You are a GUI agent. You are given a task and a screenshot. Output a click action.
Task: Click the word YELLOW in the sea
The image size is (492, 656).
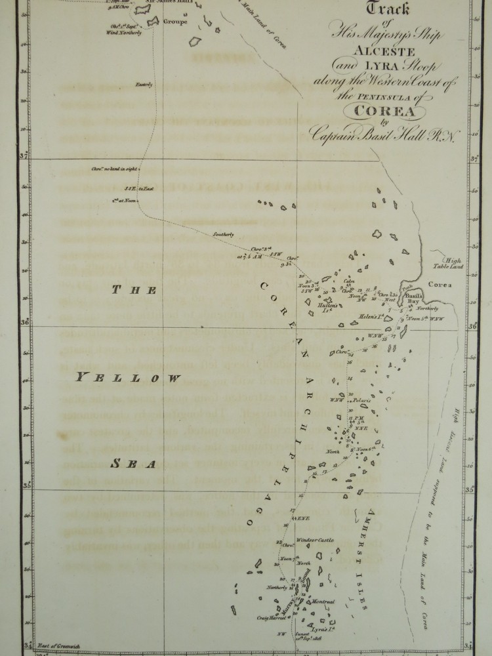pos(127,377)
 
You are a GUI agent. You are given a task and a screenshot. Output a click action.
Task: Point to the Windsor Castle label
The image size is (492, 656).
pos(316,540)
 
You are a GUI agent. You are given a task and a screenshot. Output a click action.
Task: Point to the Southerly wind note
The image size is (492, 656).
pos(223,235)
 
